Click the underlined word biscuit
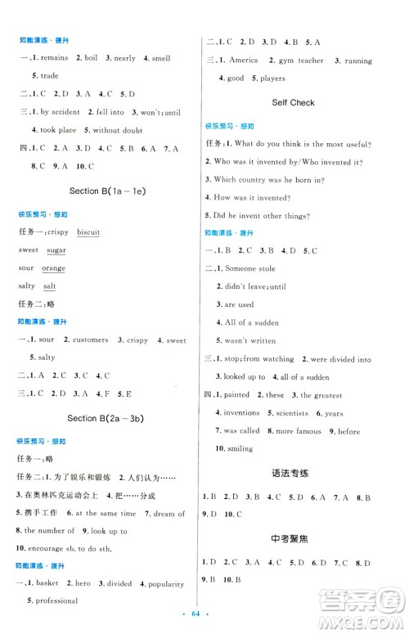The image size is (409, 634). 88,232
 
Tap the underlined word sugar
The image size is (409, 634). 56,250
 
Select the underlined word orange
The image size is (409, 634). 53,268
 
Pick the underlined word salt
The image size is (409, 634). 49,286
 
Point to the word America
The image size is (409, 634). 244,60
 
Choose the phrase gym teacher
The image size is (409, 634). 301,60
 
